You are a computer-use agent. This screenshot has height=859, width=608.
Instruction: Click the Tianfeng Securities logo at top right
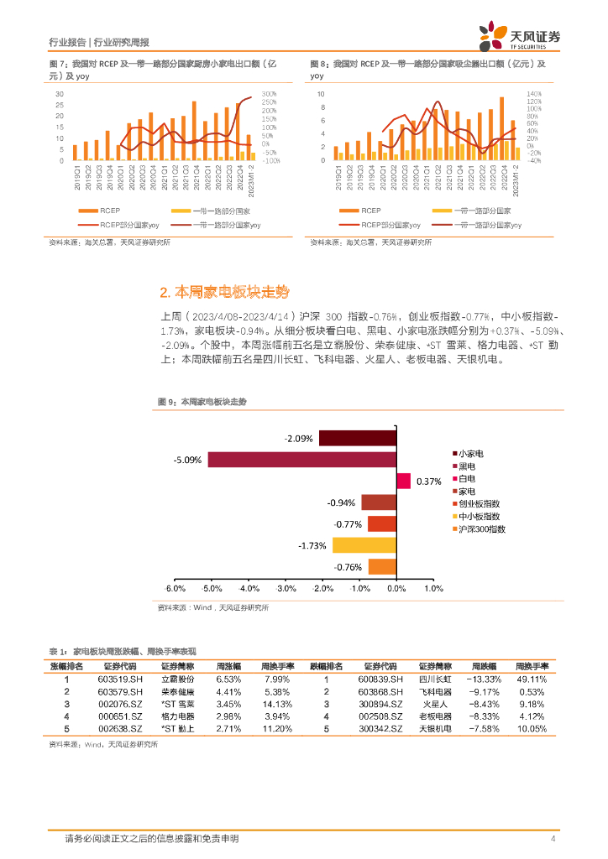click(521, 35)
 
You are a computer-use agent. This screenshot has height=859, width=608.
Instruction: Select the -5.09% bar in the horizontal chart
click(301, 460)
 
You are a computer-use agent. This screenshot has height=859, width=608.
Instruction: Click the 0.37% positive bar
click(403, 481)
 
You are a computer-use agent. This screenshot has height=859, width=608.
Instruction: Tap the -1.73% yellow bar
click(364, 545)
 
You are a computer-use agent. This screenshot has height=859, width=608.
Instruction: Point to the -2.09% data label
click(298, 438)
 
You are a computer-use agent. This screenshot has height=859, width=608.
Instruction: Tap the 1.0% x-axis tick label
click(432, 589)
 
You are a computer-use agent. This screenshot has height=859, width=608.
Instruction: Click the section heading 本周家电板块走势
click(223, 292)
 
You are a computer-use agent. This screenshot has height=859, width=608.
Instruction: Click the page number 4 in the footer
click(553, 838)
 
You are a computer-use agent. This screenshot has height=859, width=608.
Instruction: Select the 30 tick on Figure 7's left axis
click(59, 94)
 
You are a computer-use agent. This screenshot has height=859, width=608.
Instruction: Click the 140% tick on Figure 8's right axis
click(532, 94)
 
